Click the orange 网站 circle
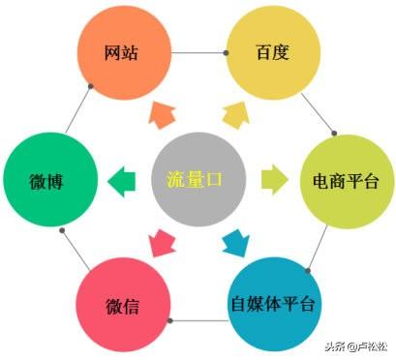click(x=122, y=52)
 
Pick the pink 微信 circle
click(x=122, y=307)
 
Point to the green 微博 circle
click(x=47, y=181)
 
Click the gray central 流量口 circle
click(x=198, y=178)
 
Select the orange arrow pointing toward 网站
click(x=160, y=115)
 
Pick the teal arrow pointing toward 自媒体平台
click(x=235, y=242)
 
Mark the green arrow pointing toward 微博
click(x=123, y=180)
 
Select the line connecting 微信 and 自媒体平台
click(x=198, y=320)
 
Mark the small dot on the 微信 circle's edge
click(x=170, y=320)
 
